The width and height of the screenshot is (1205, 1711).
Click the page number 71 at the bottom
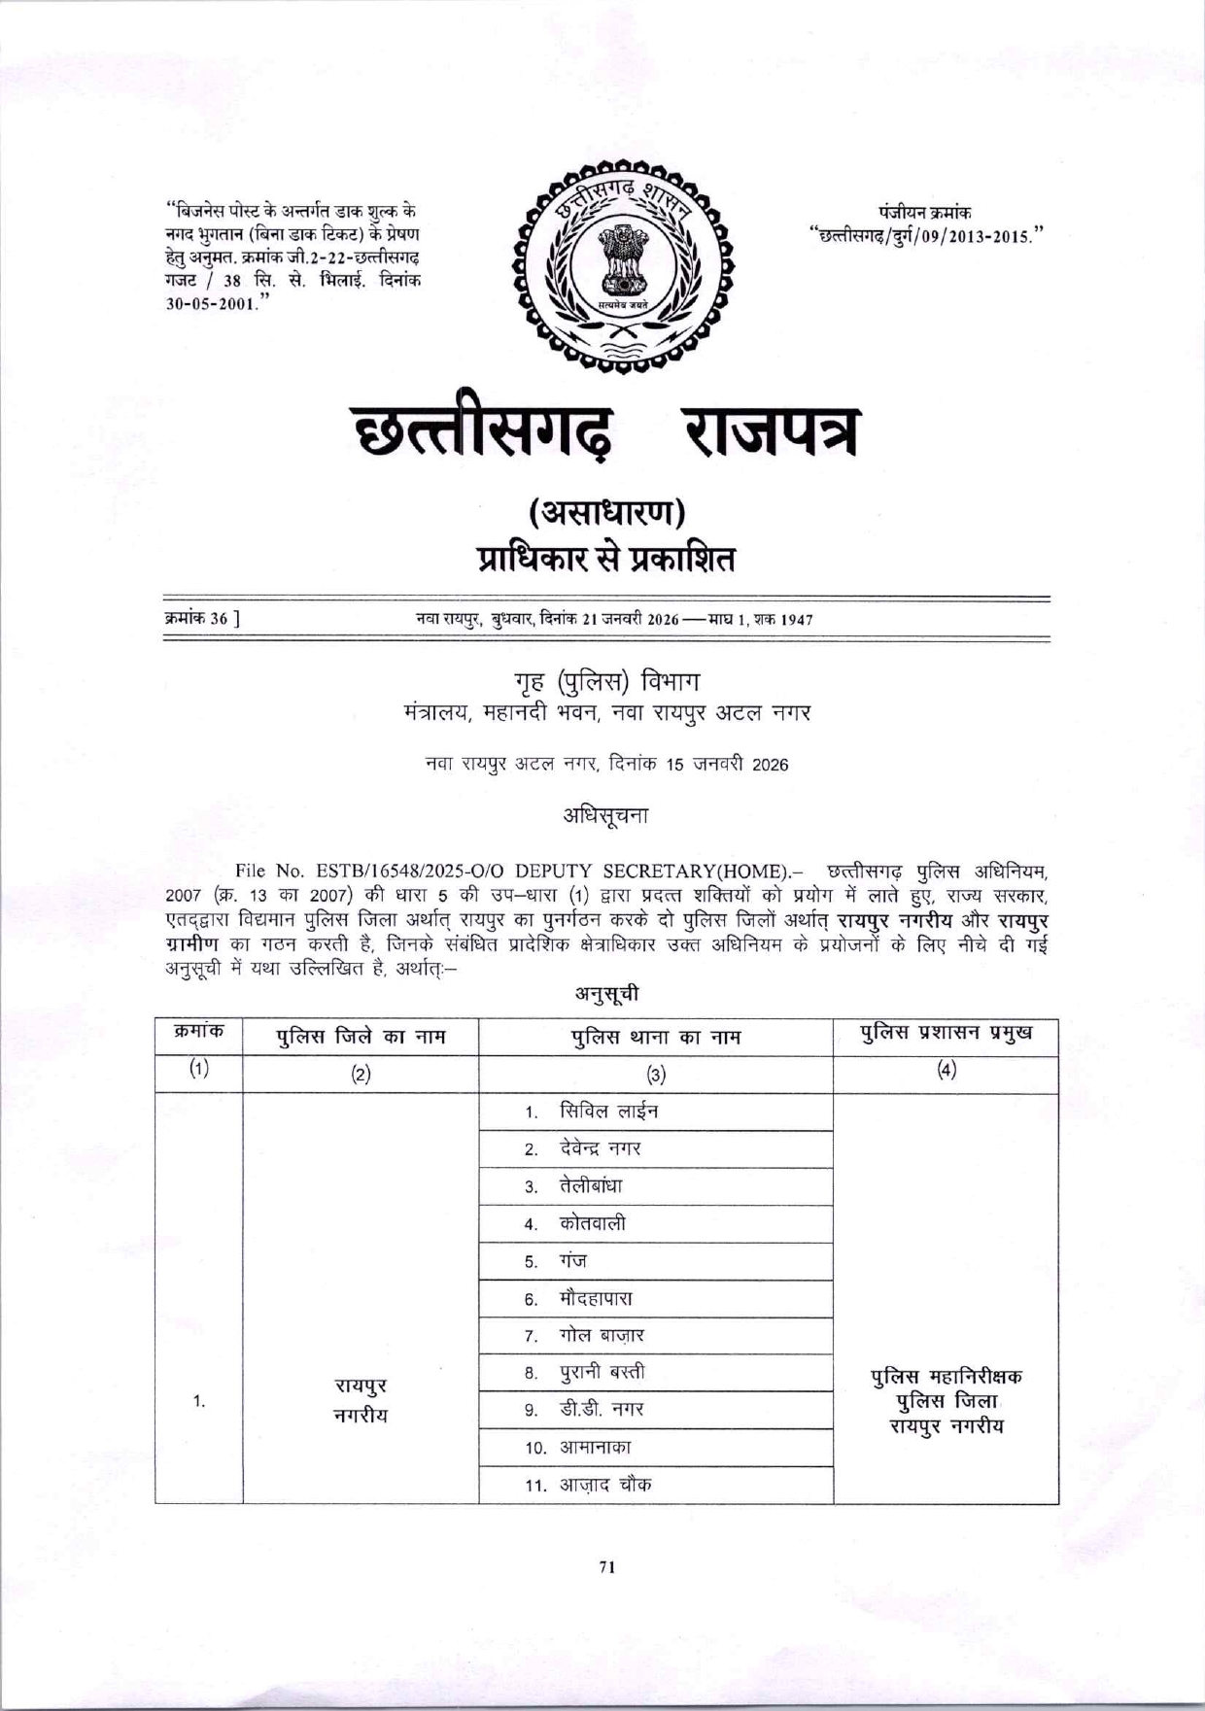[607, 1566]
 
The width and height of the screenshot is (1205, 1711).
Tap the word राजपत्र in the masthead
[773, 433]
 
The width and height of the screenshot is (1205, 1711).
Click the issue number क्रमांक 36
[202, 618]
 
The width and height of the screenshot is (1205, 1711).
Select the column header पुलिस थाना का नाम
[655, 1037]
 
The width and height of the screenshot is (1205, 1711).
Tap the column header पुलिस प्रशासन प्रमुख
[946, 1033]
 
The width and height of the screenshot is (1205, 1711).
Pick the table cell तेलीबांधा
[591, 1186]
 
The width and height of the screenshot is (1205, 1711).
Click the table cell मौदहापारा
[596, 1298]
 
